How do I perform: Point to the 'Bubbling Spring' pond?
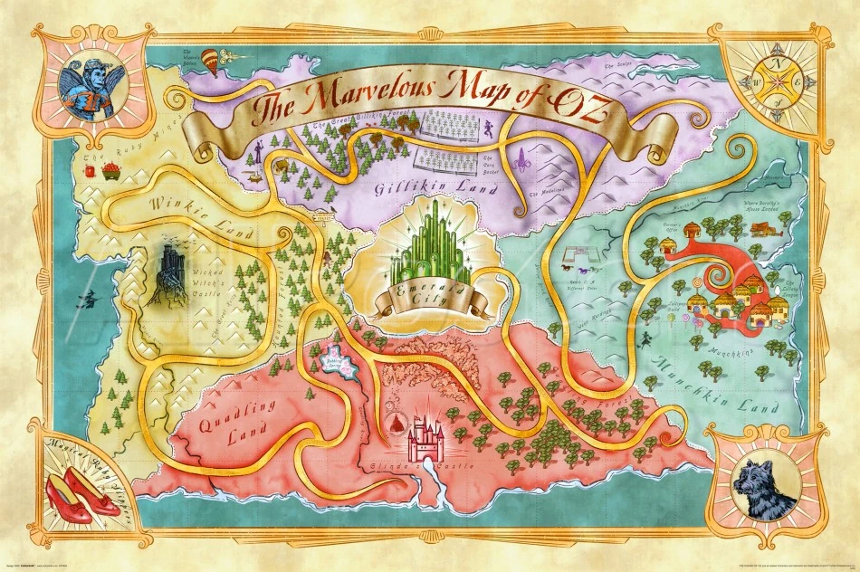point(336,362)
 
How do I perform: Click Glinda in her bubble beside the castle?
point(396,424)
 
